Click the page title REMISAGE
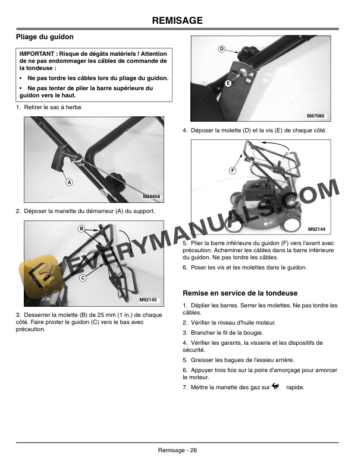coord(177,21)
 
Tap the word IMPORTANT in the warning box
coord(37,54)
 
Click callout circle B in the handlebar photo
coord(81,228)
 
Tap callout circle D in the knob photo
coord(221,49)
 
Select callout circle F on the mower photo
coord(233,171)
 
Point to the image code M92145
coord(148,300)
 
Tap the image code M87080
coord(316,115)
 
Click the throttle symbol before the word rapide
coord(275,387)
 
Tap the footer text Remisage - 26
coord(177,450)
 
